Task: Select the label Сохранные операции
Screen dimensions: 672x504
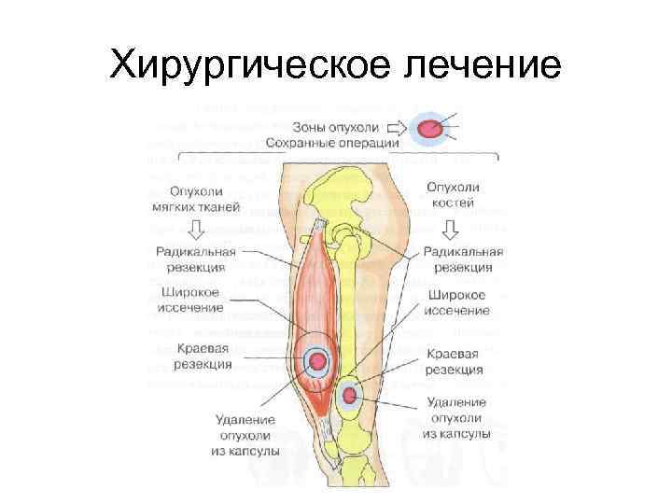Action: pos(332,143)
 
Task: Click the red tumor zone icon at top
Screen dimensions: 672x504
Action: pos(430,129)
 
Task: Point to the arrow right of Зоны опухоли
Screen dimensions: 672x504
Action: pos(395,127)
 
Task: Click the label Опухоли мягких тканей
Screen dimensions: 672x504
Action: pos(193,197)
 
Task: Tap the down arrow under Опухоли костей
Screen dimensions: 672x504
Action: pos(454,228)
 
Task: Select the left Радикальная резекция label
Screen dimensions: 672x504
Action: pos(196,259)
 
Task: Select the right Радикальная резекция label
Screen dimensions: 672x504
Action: pos(463,259)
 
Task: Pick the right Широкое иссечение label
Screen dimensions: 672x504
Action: pos(458,303)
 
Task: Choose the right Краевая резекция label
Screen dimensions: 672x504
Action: pos(453,362)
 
